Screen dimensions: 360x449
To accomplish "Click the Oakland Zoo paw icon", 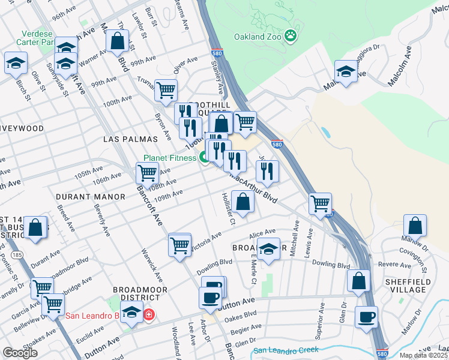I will [x=291, y=36].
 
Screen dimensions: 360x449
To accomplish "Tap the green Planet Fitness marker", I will [x=204, y=158].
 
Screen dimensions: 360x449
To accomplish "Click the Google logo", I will [x=20, y=353].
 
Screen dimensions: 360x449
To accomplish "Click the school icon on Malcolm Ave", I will [x=346, y=72].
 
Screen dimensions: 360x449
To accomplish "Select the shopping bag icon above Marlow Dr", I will [x=415, y=226].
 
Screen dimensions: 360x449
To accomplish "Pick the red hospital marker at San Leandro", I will [x=148, y=314].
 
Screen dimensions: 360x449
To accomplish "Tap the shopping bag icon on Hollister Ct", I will [x=243, y=202].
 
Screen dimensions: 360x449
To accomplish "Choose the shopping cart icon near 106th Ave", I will [x=147, y=173].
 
